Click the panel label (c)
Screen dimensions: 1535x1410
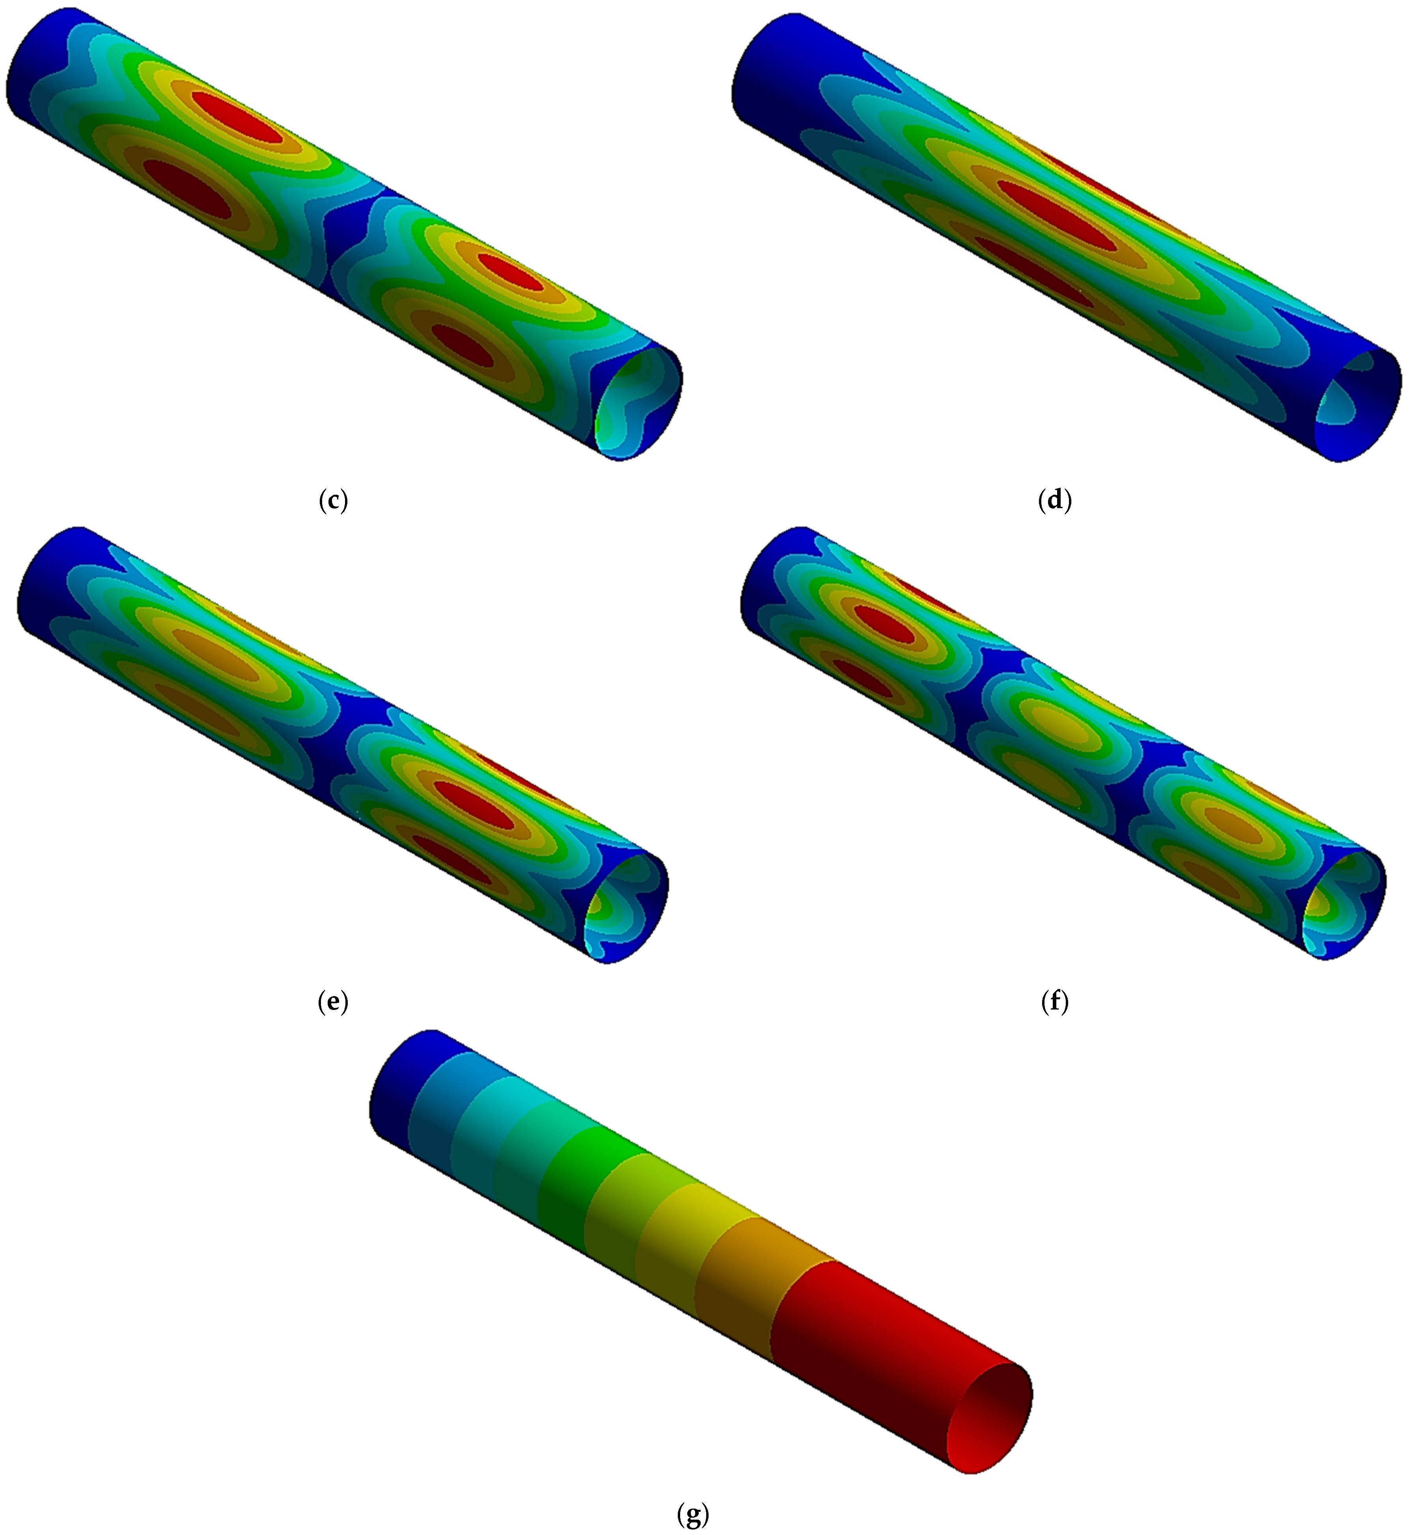coord(333,501)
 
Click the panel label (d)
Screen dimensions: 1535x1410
coord(1055,501)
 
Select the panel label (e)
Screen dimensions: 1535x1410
coord(333,1002)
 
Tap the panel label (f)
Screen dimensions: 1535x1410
coord(1055,1002)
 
